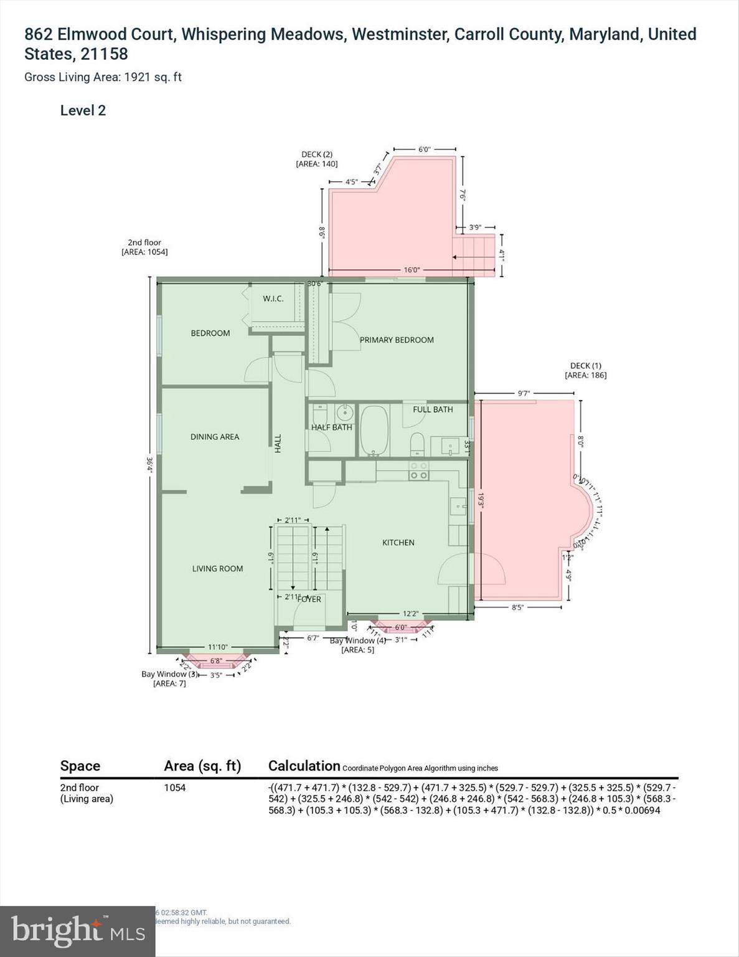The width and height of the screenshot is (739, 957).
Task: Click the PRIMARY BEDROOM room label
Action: click(397, 340)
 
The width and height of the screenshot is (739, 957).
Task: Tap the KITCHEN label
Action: click(398, 543)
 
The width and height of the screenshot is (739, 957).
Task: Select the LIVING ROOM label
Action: click(217, 568)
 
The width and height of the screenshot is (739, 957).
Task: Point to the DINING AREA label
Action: click(215, 437)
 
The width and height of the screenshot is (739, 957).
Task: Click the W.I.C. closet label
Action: click(273, 298)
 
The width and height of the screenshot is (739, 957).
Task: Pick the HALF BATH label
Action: click(331, 427)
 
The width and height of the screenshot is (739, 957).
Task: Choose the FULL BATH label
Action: click(433, 409)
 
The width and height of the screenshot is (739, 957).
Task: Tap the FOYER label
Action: click(309, 599)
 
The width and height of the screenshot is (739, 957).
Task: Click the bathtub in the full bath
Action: click(374, 431)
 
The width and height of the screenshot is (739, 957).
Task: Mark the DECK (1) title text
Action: click(585, 366)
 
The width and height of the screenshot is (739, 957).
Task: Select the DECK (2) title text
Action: click(317, 155)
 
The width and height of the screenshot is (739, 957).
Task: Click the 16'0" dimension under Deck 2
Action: click(412, 270)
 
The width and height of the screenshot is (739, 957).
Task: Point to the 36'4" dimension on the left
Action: click(149, 465)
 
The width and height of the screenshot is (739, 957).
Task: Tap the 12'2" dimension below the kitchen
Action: click(410, 614)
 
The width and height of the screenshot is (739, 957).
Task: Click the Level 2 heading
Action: click(83, 111)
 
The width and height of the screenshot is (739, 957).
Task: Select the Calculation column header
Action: click(304, 766)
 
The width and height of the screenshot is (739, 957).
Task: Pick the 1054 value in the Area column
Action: click(174, 788)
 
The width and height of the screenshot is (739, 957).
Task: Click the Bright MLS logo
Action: click(77, 931)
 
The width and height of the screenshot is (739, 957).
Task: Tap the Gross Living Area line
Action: click(103, 77)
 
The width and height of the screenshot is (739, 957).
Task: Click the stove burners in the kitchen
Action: click(418, 470)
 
